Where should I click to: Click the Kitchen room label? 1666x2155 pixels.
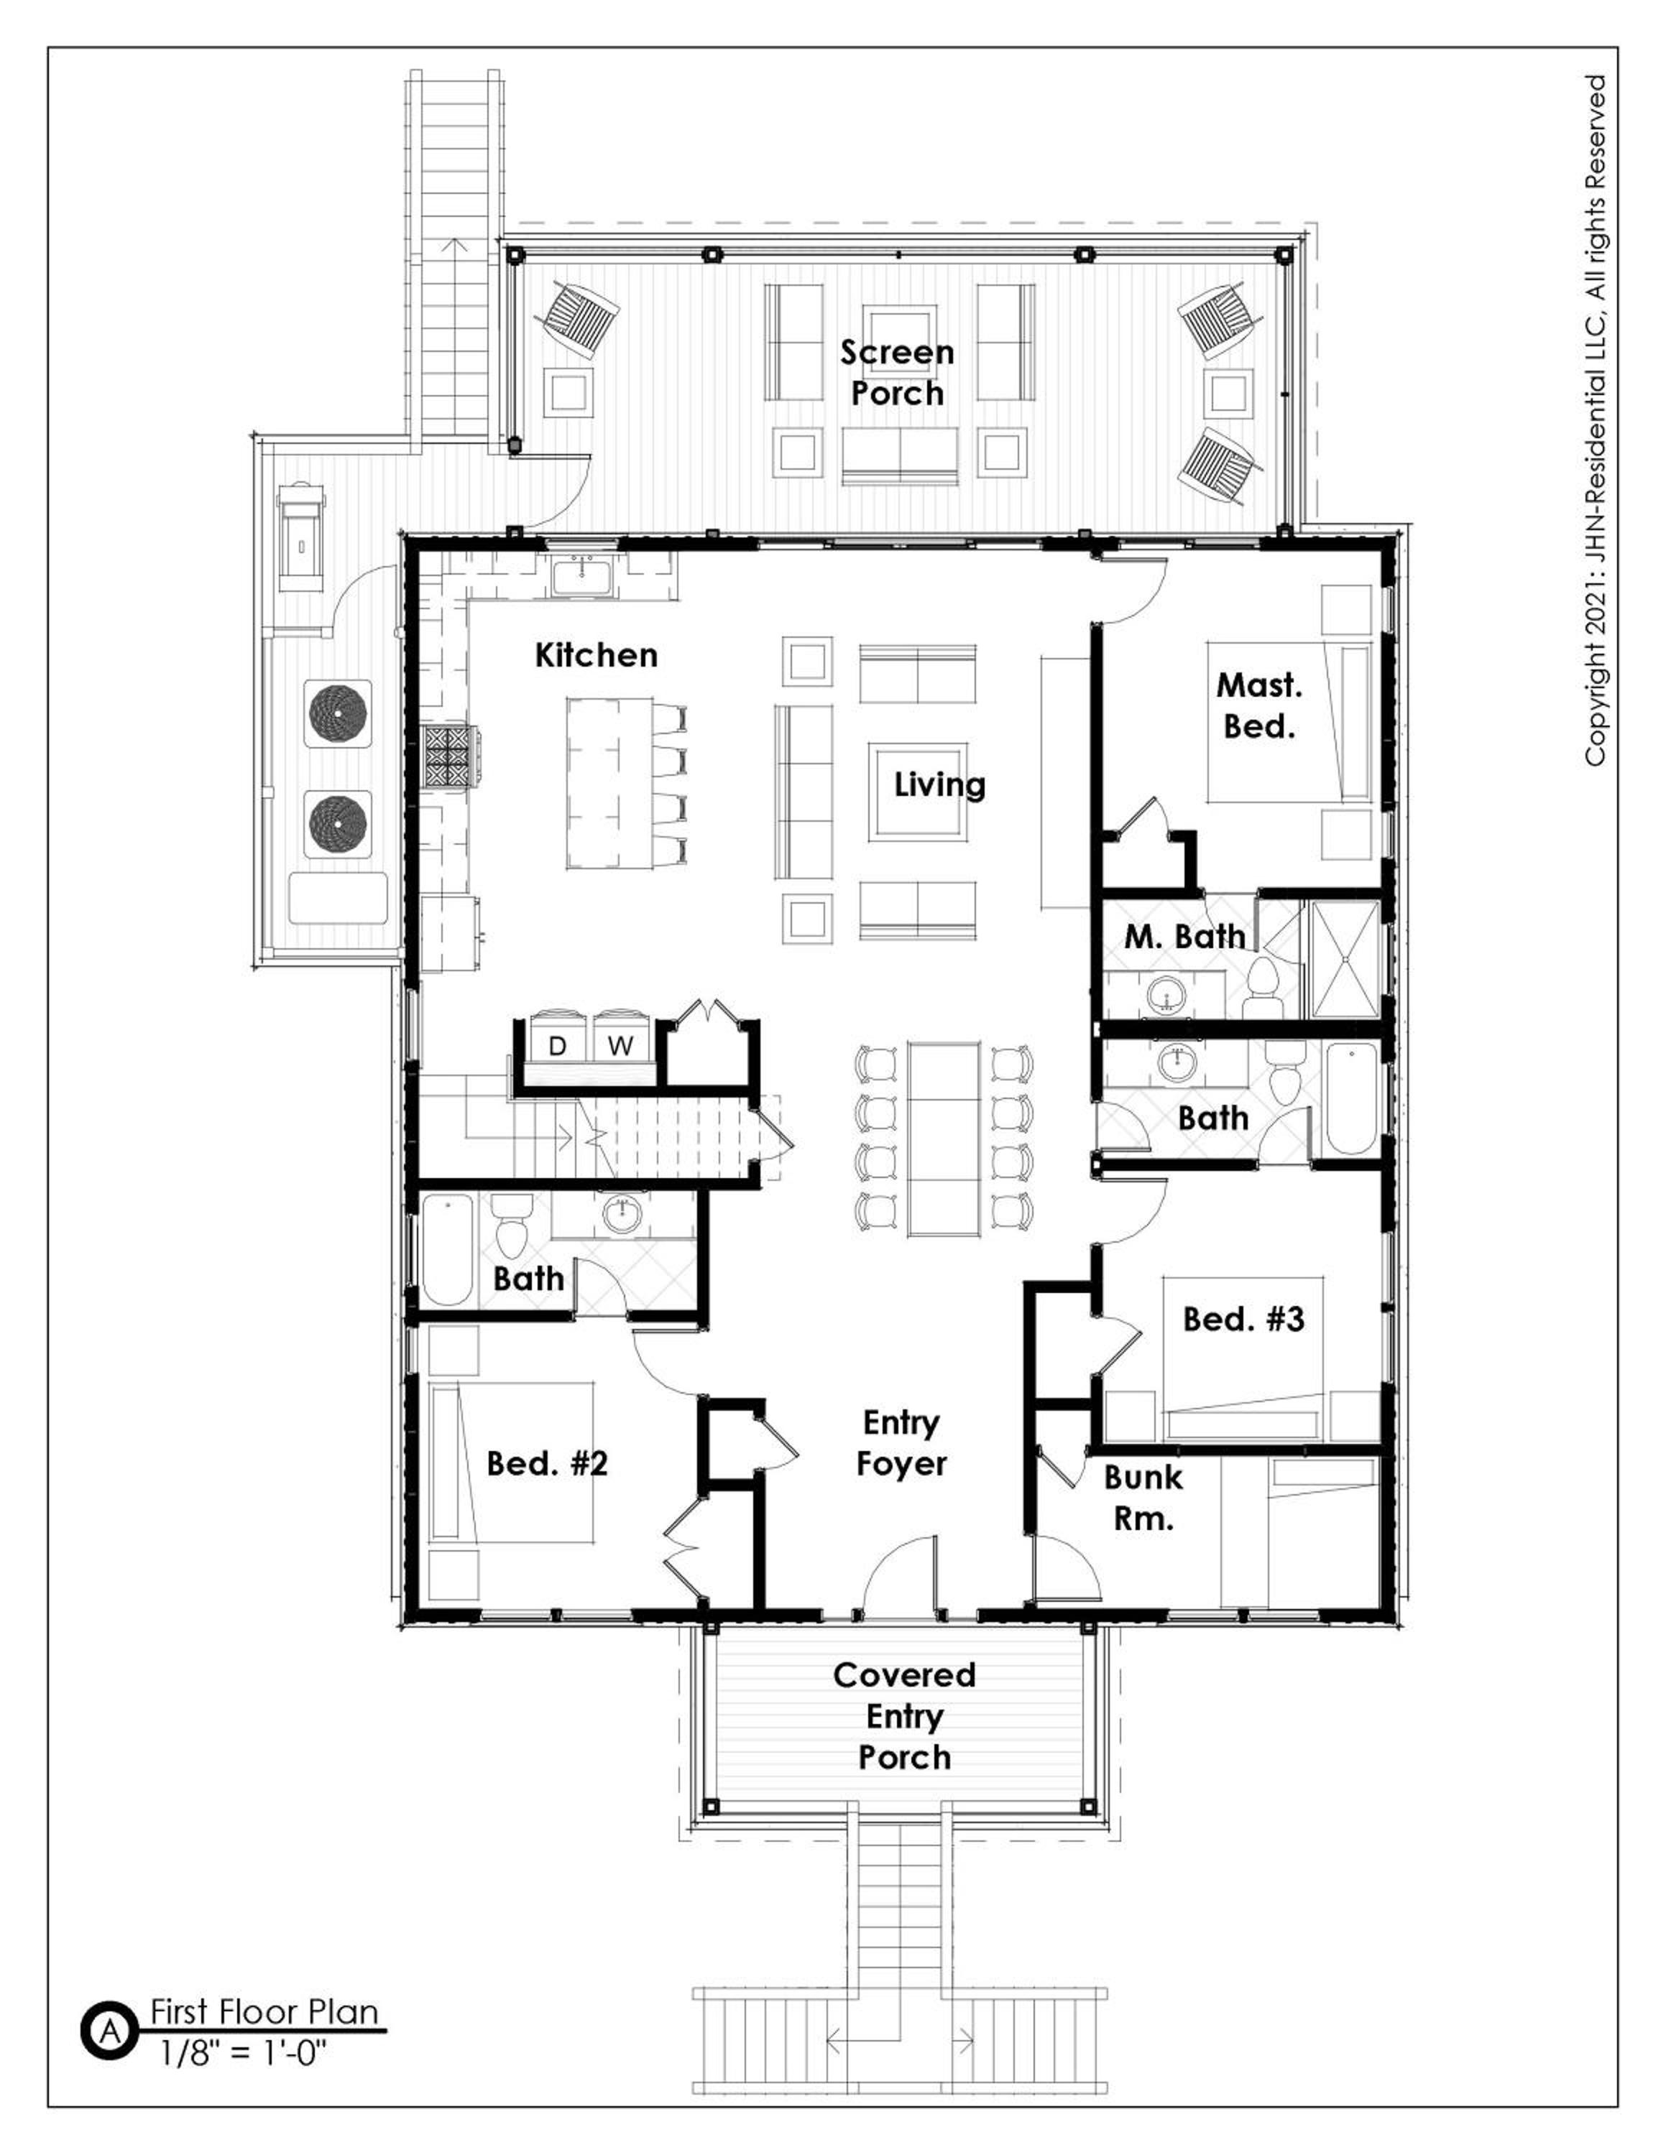[x=596, y=655]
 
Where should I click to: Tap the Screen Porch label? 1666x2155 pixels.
[x=897, y=373]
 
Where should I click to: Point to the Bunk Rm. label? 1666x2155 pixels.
[x=1143, y=1498]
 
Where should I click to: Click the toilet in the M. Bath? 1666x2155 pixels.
[x=1261, y=983]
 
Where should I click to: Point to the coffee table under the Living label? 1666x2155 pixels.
[x=918, y=792]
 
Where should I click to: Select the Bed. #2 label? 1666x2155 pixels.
[x=547, y=1463]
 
